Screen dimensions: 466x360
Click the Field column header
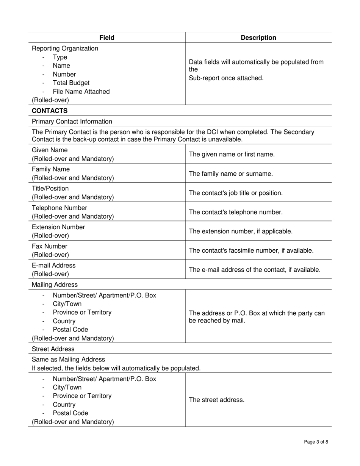tap(107, 38)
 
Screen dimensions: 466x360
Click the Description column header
tap(258, 38)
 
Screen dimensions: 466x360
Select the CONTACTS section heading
tap(50, 111)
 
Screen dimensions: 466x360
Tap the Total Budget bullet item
tap(71, 83)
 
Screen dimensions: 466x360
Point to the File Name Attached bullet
tap(81, 92)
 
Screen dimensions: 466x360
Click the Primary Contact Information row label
tap(72, 122)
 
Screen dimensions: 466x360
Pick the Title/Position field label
tap(50, 188)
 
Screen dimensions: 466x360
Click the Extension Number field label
tap(58, 227)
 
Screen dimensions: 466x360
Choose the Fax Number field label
tap(50, 246)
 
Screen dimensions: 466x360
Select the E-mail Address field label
tap(53, 266)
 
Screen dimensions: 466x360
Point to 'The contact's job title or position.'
tap(236, 193)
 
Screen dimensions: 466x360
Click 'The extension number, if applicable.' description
tap(241, 231)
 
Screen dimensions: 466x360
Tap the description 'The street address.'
tap(216, 400)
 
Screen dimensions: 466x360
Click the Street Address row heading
tap(53, 349)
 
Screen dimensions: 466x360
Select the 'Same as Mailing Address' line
tap(69, 359)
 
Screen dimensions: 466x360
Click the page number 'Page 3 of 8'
tap(316, 442)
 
